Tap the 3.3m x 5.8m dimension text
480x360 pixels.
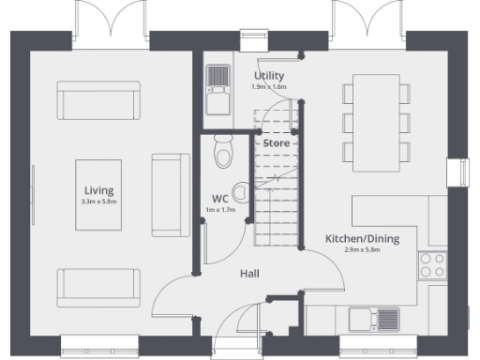pyautogui.click(x=97, y=202)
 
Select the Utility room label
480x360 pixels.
pyautogui.click(x=269, y=76)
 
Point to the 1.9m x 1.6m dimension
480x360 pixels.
pyautogui.click(x=269, y=87)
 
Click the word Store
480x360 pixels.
pyautogui.click(x=276, y=143)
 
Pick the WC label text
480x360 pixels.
pyautogui.click(x=220, y=199)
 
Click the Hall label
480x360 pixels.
pyautogui.click(x=248, y=274)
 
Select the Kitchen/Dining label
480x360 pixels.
pyautogui.click(x=362, y=239)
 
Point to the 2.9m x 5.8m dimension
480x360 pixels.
pyautogui.click(x=362, y=250)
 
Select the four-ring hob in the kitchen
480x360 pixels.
pyautogui.click(x=432, y=264)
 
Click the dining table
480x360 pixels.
pyautogui.click(x=375, y=122)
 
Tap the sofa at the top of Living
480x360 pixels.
pyautogui.click(x=97, y=99)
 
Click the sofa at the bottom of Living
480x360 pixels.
pyautogui.click(x=98, y=286)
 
